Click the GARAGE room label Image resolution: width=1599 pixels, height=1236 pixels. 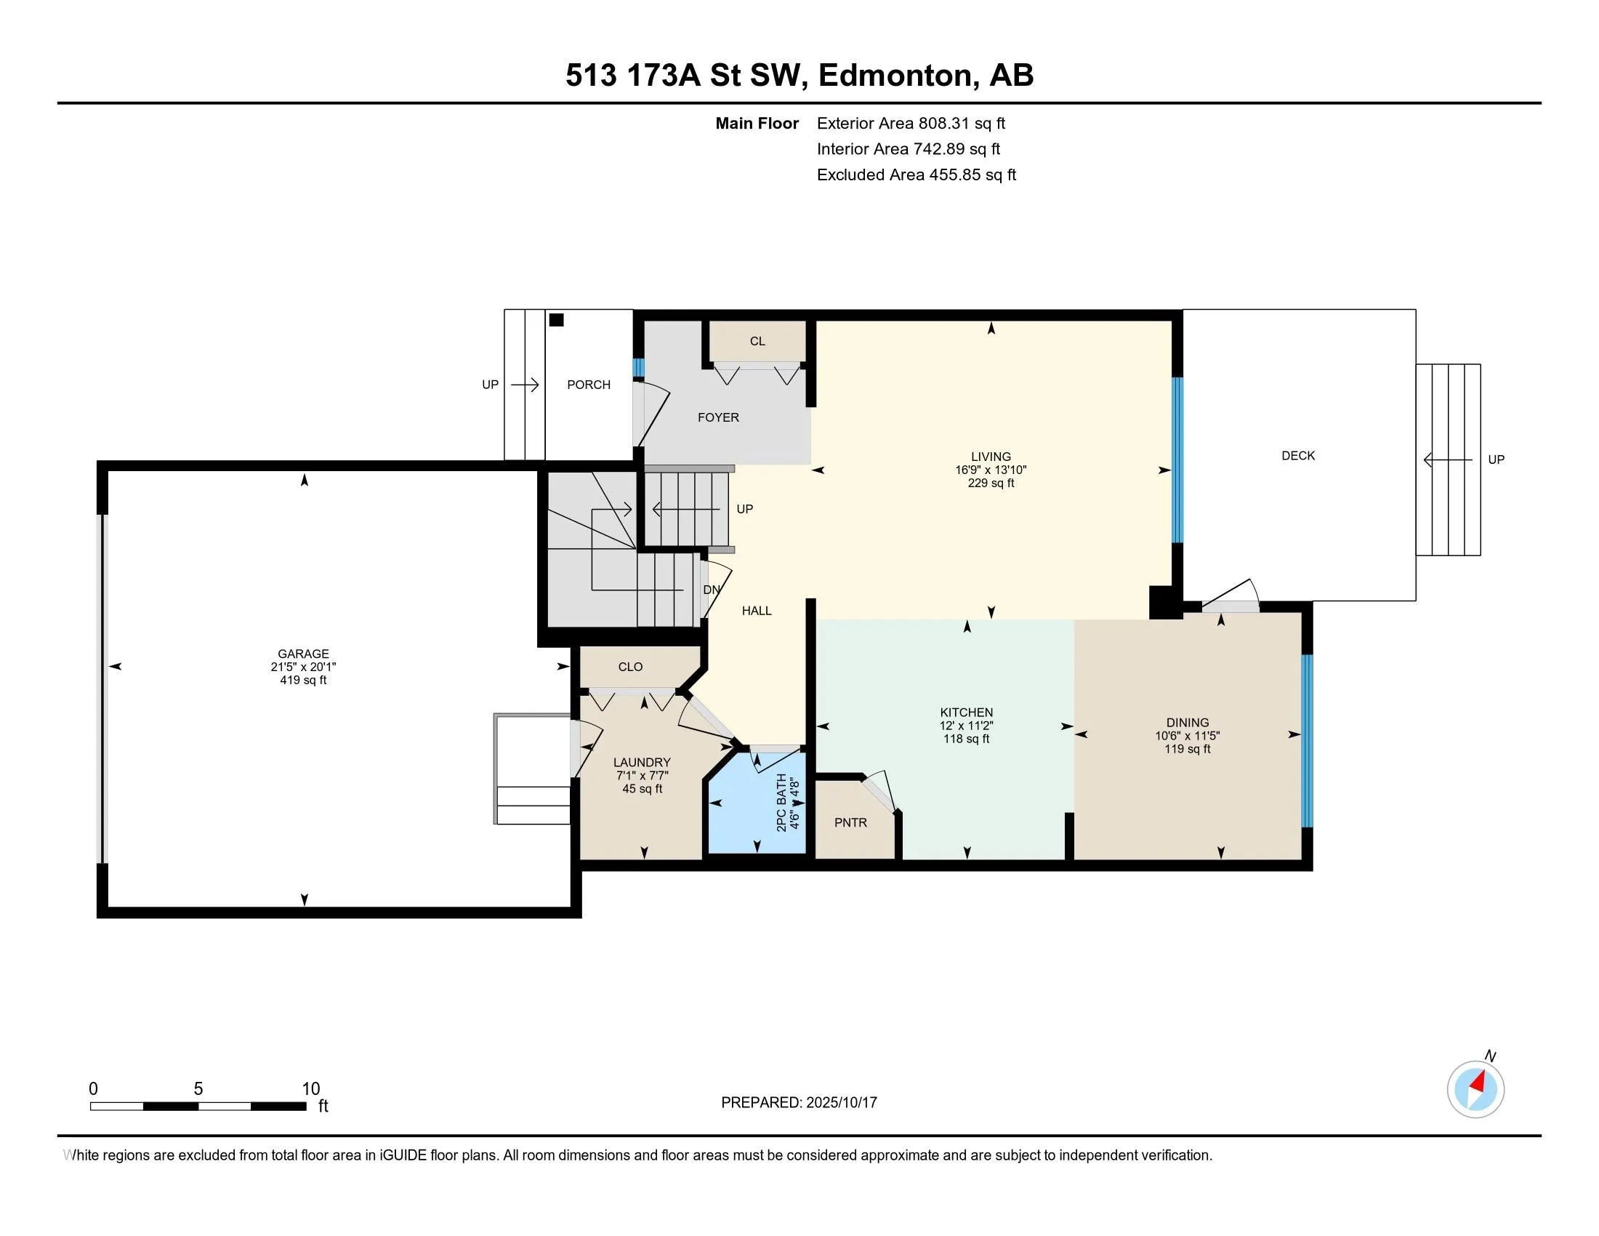click(303, 654)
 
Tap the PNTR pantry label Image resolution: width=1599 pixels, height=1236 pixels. click(851, 822)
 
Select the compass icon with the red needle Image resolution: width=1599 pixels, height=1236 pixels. click(1475, 1089)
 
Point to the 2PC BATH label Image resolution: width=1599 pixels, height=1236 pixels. click(781, 803)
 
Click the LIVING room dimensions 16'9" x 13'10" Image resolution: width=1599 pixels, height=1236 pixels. click(991, 470)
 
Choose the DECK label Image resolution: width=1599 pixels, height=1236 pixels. click(1298, 455)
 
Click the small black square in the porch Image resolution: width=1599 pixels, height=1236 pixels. click(557, 320)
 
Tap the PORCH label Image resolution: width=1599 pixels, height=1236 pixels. click(589, 385)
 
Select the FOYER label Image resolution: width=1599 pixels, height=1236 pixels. click(718, 417)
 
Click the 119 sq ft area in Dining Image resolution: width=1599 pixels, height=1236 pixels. click(1188, 749)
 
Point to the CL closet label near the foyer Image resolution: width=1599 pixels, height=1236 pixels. click(758, 341)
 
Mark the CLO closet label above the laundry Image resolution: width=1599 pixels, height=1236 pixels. click(630, 667)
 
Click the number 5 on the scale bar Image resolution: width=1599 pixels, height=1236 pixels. click(198, 1089)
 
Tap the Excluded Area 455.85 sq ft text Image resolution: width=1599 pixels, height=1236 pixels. click(917, 174)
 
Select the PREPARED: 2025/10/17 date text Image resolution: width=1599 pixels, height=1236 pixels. click(799, 1103)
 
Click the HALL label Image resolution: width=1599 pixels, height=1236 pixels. click(757, 611)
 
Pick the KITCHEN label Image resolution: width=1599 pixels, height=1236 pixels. click(967, 713)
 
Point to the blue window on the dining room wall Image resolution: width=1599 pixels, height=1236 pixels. click(1307, 740)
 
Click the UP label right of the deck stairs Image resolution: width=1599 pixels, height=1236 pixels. click(1497, 459)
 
